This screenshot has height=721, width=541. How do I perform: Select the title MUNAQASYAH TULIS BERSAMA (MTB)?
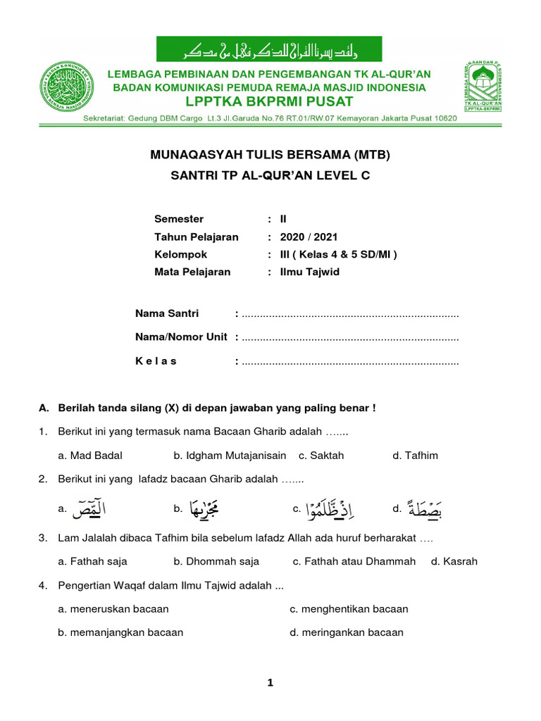[x=270, y=155]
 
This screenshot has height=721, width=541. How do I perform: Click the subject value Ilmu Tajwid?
[x=309, y=271]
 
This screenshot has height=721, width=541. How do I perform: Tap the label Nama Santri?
[x=167, y=313]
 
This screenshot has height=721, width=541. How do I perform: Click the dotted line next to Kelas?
[x=350, y=362]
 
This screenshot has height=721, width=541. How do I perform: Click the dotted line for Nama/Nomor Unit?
[x=350, y=338]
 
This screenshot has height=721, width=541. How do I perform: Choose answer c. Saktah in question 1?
[x=321, y=456]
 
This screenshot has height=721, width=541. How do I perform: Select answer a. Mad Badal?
[x=90, y=456]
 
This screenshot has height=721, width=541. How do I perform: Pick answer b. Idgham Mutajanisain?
[x=230, y=456]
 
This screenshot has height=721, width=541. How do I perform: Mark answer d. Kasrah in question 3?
[x=454, y=561]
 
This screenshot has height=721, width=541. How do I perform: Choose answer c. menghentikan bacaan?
[x=349, y=609]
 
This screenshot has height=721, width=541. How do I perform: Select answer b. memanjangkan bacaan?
[x=120, y=632]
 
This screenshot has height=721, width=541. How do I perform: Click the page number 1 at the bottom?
[x=270, y=683]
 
